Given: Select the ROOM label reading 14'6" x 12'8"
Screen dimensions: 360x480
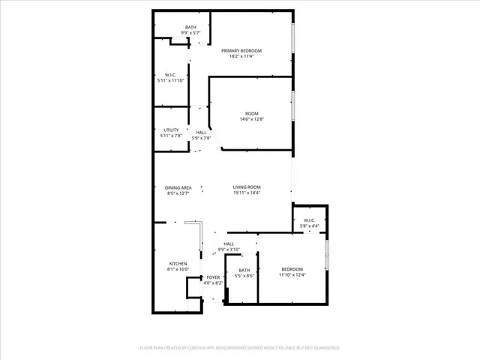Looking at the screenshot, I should pos(252,113).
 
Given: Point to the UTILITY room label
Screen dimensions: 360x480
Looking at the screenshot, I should pos(171,130).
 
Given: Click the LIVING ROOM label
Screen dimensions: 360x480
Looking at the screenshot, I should pos(246,187).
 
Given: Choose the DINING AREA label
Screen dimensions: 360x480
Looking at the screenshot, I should pos(178,187).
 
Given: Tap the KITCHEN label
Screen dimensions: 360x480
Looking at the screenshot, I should pos(178,263).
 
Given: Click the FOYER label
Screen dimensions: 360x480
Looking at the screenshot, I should pos(214,277).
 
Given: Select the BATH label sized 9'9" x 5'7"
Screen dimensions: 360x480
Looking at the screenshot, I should pos(191,28).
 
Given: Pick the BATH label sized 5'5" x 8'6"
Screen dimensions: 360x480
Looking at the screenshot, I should pos(244,270).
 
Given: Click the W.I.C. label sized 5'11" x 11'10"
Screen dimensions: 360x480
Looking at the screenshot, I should pos(171,74).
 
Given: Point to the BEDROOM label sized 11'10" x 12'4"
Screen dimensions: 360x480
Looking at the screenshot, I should pos(292,269).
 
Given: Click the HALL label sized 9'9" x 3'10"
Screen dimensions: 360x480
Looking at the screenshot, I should pos(229,244).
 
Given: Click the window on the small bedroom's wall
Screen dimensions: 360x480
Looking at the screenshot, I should pos(326,255).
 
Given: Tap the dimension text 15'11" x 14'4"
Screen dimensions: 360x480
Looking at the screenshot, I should pos(246,193).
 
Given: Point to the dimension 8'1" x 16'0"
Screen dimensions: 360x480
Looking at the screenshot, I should pos(178,269).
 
